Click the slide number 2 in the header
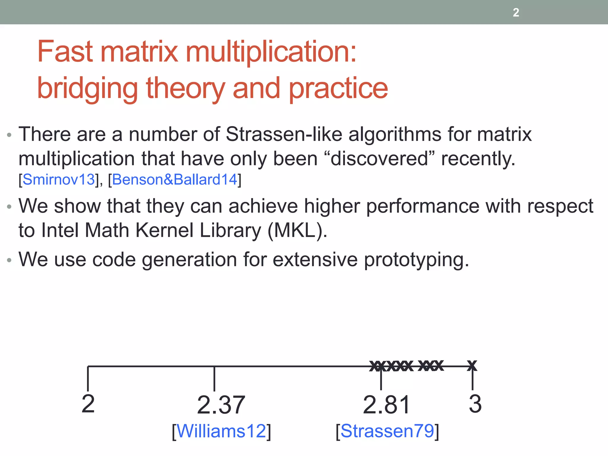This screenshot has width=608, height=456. point(516,12)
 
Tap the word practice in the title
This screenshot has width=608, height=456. point(338,88)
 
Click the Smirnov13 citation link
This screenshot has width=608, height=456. point(58,180)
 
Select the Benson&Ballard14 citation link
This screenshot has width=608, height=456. point(175,180)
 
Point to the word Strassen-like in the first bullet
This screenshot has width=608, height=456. point(284,134)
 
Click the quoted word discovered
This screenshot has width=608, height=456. point(379,159)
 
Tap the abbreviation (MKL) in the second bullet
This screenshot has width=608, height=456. point(297,230)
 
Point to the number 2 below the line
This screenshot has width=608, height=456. point(88,404)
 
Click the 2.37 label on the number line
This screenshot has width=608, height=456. point(221,405)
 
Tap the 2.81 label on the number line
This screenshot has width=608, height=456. point(387,405)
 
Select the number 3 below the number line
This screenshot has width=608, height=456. point(475,404)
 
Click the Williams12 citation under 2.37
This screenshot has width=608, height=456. point(221,431)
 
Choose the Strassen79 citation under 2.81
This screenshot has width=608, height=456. point(387,431)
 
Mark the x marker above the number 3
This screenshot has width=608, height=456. point(472,365)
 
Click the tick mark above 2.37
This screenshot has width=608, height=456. point(214,379)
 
